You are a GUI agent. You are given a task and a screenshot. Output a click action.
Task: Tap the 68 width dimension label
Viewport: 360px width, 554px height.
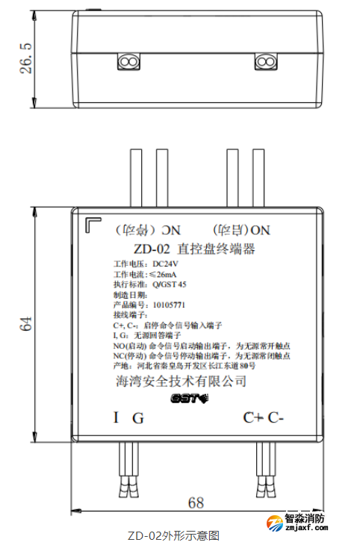point(196,502)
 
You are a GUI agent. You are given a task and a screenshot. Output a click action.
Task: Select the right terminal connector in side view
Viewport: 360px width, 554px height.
point(266,60)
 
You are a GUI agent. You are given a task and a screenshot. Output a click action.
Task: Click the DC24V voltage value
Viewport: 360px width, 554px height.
point(166,264)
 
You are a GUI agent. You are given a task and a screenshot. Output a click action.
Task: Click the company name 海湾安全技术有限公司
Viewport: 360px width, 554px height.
point(177,380)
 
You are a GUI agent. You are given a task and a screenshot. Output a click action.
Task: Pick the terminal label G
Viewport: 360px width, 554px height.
point(137,418)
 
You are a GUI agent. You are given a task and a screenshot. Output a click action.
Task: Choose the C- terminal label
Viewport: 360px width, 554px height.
point(277,417)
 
